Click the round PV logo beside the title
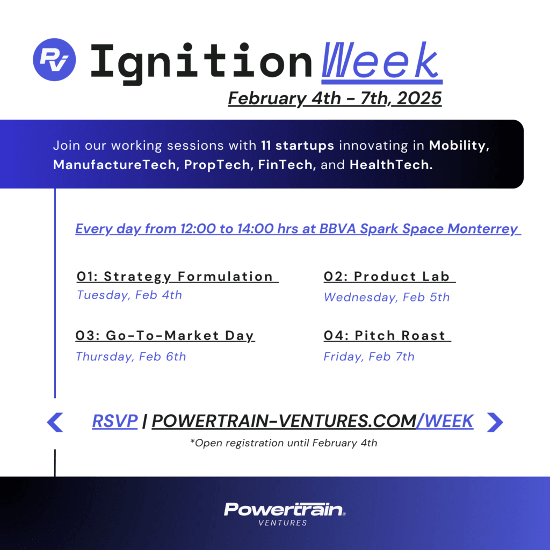pyautogui.click(x=55, y=59)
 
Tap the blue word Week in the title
pyautogui.click(x=381, y=61)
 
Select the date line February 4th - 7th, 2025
pyautogui.click(x=335, y=99)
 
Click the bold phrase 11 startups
pyautogui.click(x=297, y=146)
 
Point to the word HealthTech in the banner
pyautogui.click(x=391, y=165)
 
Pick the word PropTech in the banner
pyautogui.click(x=217, y=165)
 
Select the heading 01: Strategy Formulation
pyautogui.click(x=177, y=277)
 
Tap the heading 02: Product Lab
pyautogui.click(x=389, y=277)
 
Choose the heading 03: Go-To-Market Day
pyautogui.click(x=165, y=336)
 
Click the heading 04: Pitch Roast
pyautogui.click(x=387, y=336)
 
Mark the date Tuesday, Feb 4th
pyautogui.click(x=129, y=295)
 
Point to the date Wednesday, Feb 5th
pyautogui.click(x=387, y=298)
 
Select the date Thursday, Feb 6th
pyautogui.click(x=131, y=357)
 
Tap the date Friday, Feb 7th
pyautogui.click(x=369, y=357)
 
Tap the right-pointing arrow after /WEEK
pyautogui.click(x=495, y=422)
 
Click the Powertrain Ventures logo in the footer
pyautogui.click(x=285, y=513)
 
